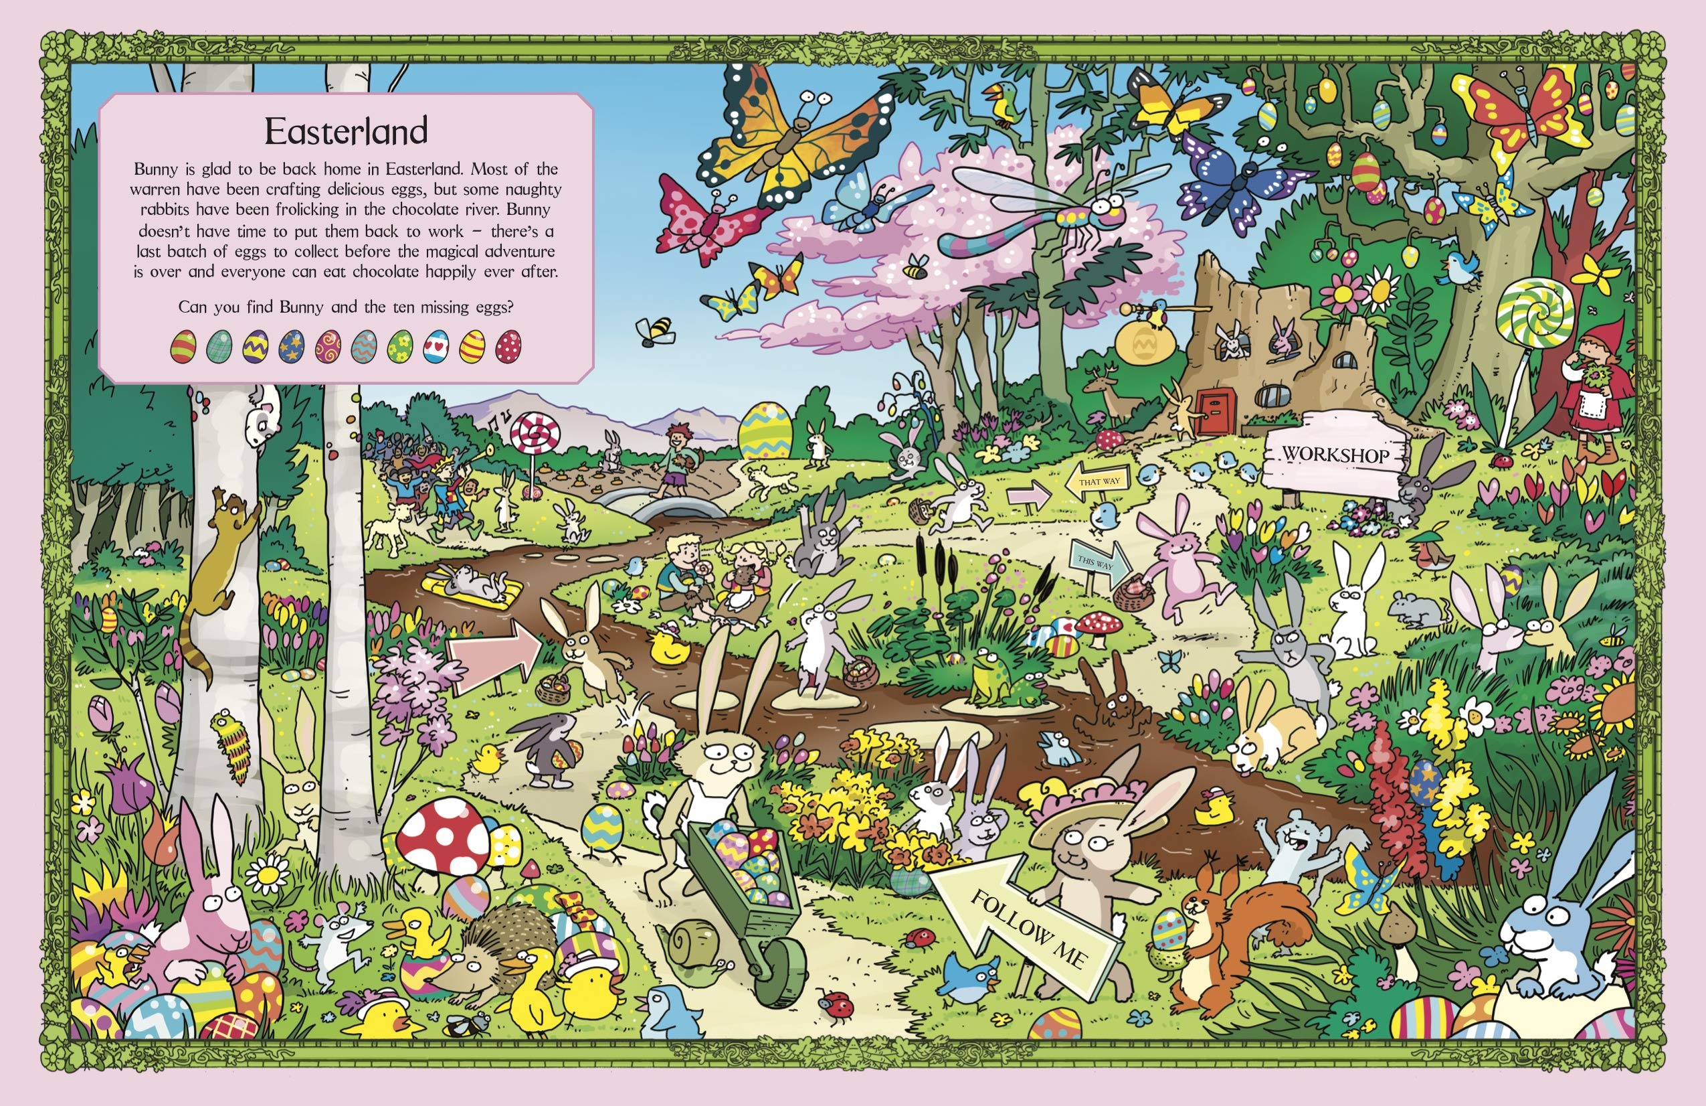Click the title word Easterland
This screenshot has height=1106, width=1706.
347,131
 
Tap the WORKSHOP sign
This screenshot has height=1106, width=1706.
1335,454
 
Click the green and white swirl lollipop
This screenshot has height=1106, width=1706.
1534,313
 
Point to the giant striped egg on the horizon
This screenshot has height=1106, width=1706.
765,430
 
